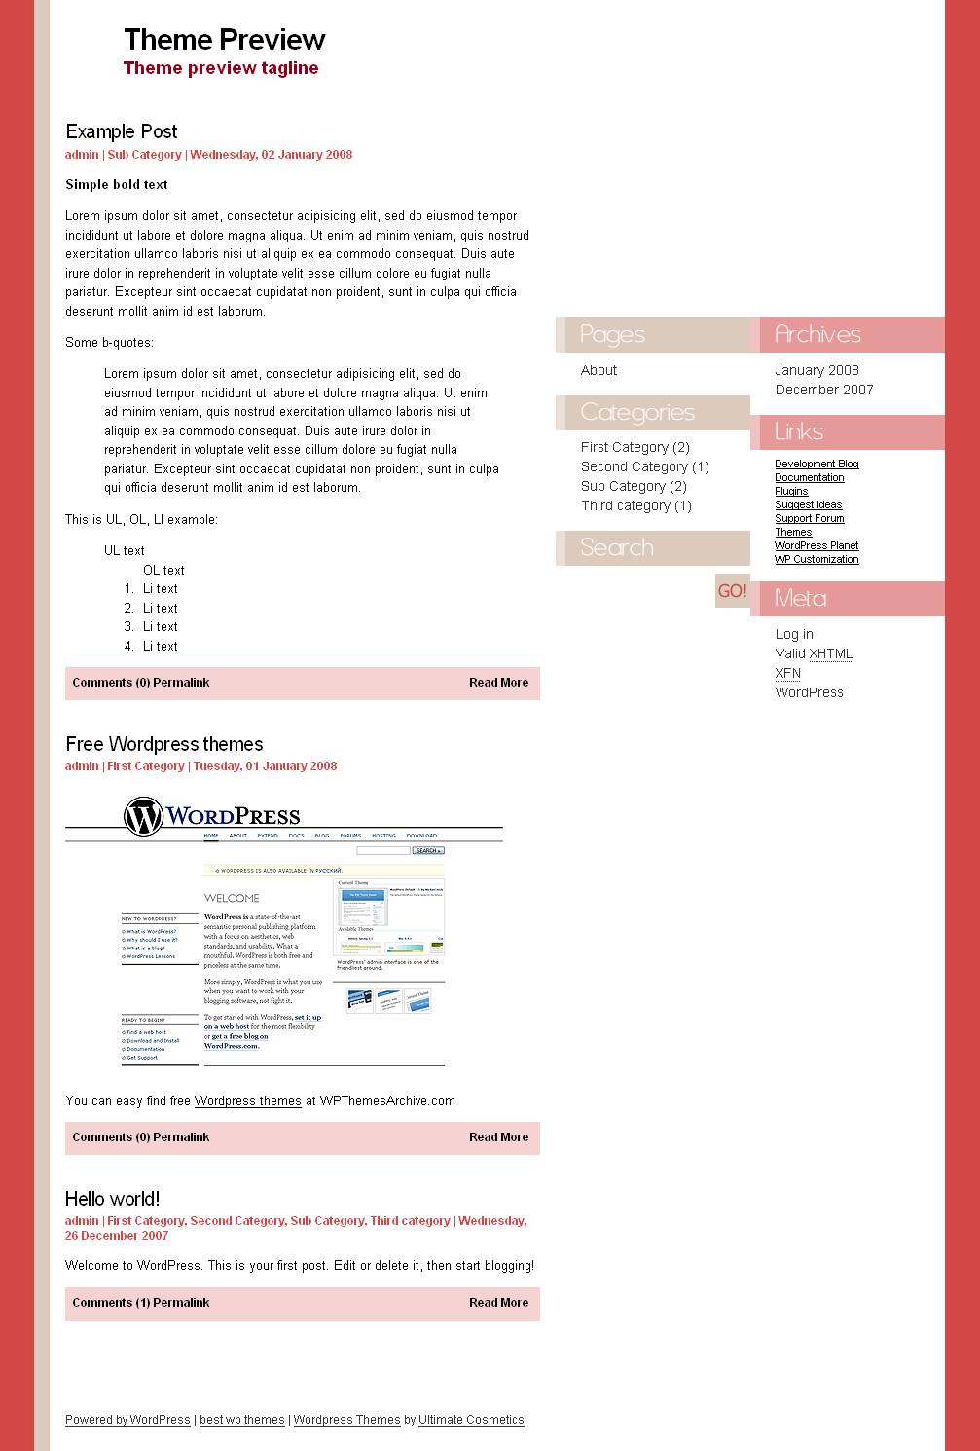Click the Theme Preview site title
tap(224, 40)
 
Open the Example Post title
tap(121, 131)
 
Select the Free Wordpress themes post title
tap(163, 744)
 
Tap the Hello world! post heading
tap(112, 1199)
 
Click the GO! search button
tap(732, 591)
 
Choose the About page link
tap(599, 370)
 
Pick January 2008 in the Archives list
tap(817, 370)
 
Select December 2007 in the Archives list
tap(824, 390)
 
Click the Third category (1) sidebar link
tap(635, 505)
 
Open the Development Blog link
tap(817, 464)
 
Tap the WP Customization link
tap(817, 559)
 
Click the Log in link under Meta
tap(794, 634)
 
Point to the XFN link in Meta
tap(787, 673)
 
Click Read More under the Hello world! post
tap(498, 1303)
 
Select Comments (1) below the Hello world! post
tap(110, 1303)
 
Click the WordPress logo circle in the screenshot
tap(143, 816)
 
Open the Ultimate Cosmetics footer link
tap(471, 1420)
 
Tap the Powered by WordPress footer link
tap(127, 1420)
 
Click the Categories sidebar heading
tap(637, 413)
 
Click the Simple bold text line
tap(116, 184)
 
